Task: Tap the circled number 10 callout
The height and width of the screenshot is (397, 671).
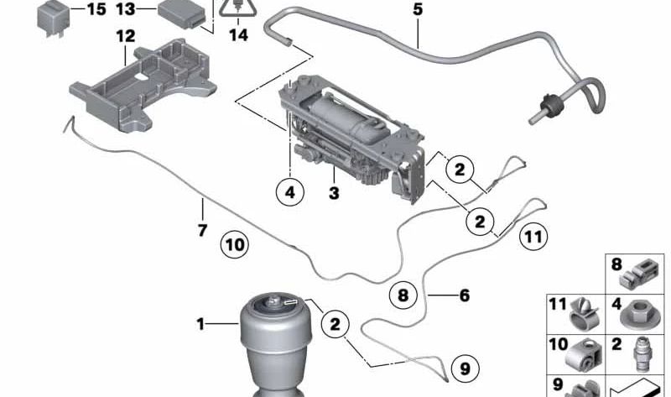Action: (x=235, y=245)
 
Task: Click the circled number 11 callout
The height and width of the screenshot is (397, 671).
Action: (x=532, y=237)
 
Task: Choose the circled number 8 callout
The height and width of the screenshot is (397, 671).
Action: (x=403, y=295)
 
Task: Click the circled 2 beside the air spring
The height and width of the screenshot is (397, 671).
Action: (x=335, y=323)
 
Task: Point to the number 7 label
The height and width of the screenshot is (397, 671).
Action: (x=202, y=229)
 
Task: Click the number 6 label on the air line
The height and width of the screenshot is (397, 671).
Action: (x=464, y=295)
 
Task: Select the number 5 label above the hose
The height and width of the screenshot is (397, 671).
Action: (x=418, y=10)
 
